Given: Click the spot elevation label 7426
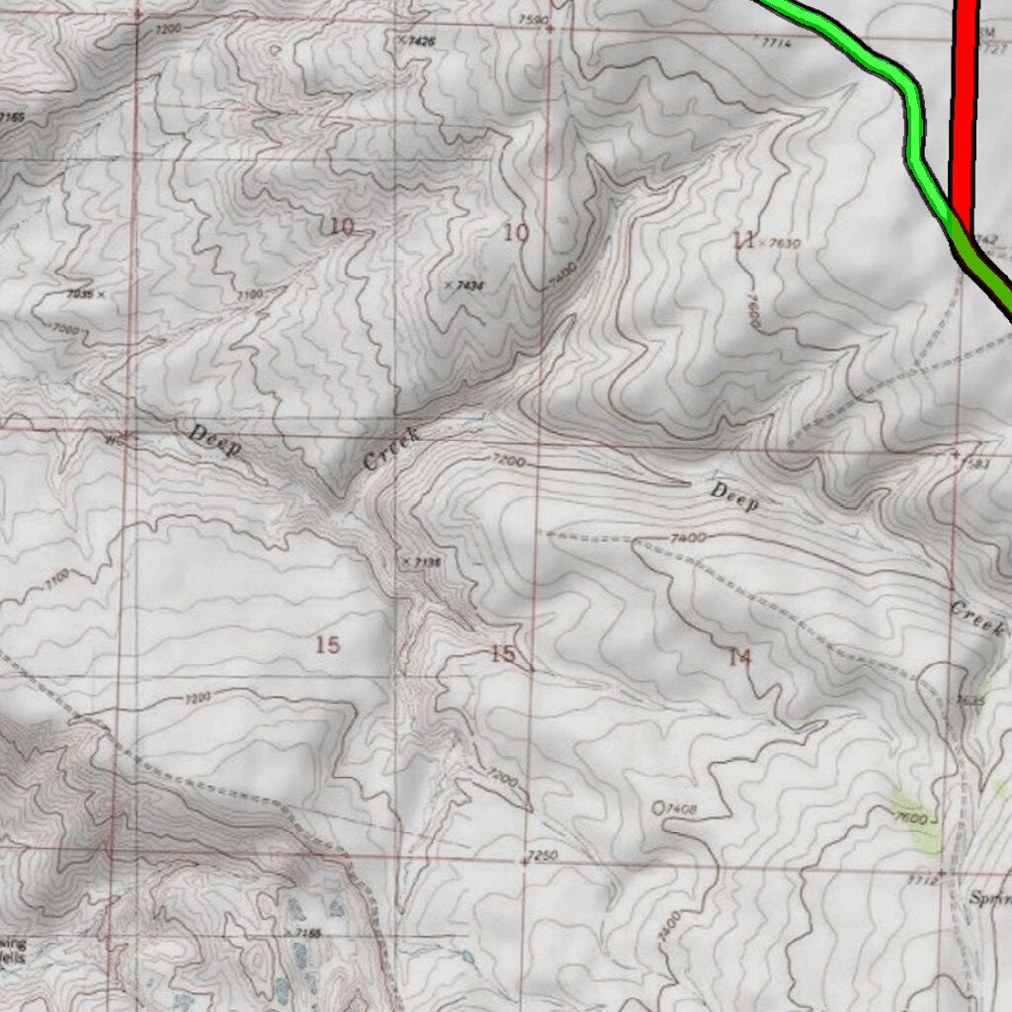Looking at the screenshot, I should point(422,42).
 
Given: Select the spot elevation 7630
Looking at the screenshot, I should point(784,243).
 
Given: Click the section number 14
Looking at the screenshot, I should point(739,657).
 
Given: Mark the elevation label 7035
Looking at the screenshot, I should point(79,294).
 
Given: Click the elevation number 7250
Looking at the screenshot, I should point(544,855).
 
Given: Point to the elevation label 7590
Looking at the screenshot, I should point(532,20).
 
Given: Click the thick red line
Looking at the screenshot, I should point(965,99).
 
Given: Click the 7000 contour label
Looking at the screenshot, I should point(64,328).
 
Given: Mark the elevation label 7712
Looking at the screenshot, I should point(921,880).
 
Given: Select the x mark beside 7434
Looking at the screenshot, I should point(449,285).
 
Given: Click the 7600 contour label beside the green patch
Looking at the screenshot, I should point(914,818).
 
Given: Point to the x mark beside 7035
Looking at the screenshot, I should point(101,294).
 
